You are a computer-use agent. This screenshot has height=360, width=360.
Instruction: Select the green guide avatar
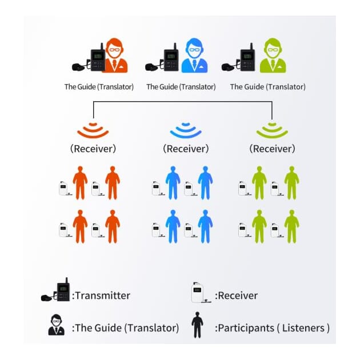[273, 57]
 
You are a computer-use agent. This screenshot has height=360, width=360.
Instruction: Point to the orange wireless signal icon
[93, 130]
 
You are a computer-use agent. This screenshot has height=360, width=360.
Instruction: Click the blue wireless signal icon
[186, 130]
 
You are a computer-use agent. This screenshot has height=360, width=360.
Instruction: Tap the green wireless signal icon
[272, 130]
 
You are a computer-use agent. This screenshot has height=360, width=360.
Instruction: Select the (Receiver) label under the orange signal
[93, 149]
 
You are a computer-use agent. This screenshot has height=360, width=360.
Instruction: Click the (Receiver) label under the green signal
[272, 149]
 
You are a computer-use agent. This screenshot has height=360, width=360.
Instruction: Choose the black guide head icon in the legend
[56, 325]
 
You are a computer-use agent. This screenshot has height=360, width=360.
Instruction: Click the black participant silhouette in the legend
[197, 325]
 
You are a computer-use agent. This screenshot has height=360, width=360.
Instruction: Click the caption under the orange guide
[99, 87]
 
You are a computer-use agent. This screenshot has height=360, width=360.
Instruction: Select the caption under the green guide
[267, 87]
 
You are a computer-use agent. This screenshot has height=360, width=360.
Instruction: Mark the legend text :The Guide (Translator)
[125, 328]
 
